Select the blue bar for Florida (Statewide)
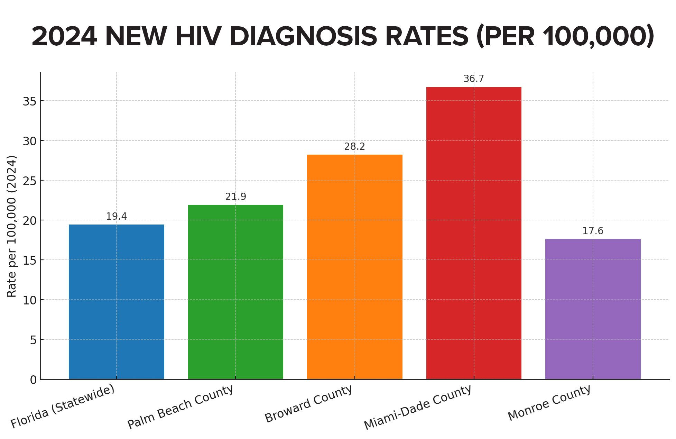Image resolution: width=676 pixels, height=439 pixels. [x=116, y=302]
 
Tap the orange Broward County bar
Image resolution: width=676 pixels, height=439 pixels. [x=354, y=267]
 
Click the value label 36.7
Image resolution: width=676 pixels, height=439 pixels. [x=473, y=79]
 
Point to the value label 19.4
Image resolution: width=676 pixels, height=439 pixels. [x=116, y=217]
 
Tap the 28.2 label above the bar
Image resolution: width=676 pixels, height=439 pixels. [x=354, y=147]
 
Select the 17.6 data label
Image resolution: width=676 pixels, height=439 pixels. [x=593, y=231]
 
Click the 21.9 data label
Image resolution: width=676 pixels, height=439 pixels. [x=235, y=197]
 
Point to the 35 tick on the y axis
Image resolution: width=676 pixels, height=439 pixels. [x=29, y=101]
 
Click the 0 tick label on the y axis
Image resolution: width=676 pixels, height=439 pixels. [x=33, y=380]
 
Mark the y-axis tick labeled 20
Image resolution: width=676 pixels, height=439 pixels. [x=29, y=221]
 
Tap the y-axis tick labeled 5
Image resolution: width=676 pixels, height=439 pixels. [x=33, y=340]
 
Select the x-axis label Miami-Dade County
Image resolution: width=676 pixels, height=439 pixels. [x=418, y=407]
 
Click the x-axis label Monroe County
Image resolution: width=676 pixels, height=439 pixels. [x=549, y=403]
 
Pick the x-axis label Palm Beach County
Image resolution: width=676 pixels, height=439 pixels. [x=180, y=407]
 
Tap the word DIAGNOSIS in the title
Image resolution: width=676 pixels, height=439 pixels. [x=303, y=37]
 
